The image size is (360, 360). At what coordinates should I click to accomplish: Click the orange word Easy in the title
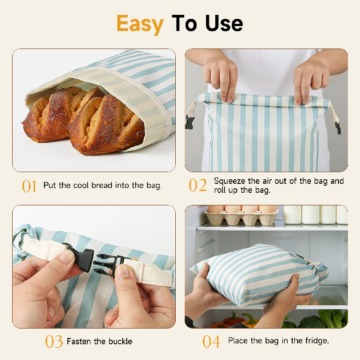click(x=140, y=24)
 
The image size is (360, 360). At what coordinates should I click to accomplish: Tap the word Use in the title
click(x=224, y=23)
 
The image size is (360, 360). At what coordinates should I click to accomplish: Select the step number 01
click(x=29, y=186)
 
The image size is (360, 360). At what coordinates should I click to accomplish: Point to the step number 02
click(x=197, y=185)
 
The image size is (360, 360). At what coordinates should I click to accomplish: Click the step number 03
click(x=54, y=342)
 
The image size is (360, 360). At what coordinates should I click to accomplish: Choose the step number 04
click(x=211, y=342)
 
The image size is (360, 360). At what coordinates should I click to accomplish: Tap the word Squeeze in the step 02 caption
click(x=230, y=182)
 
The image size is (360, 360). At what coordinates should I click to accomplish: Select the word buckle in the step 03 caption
click(x=120, y=342)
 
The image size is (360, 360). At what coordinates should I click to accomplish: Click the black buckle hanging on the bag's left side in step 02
click(x=190, y=122)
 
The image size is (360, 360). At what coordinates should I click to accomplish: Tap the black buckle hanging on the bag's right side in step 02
click(x=338, y=128)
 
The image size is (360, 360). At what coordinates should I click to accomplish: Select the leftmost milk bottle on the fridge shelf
click(x=292, y=214)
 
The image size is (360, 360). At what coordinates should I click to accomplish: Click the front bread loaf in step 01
click(x=107, y=125)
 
